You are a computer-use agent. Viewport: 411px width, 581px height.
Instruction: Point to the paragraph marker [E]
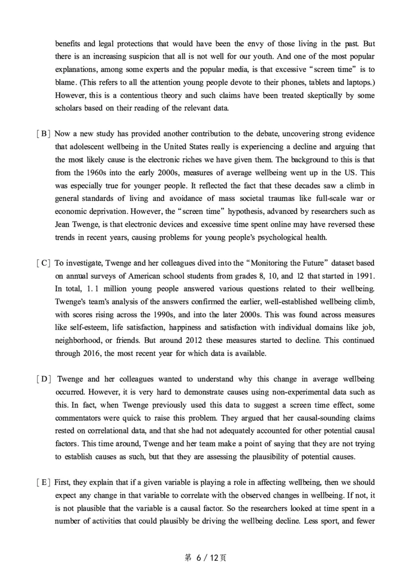(43, 483)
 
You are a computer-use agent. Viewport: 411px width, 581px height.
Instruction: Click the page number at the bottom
(205, 558)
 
